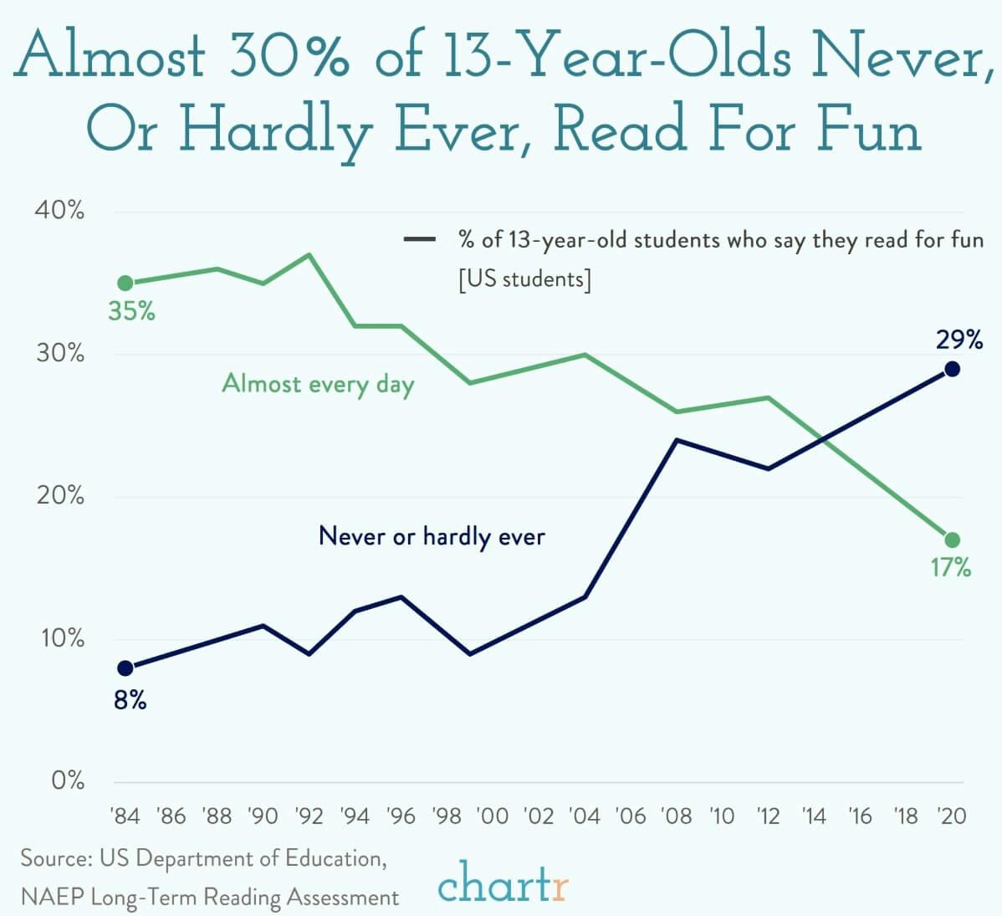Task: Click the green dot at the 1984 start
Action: [125, 283]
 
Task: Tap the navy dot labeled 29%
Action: [952, 369]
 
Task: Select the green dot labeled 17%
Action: [952, 540]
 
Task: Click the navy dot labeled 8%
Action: [125, 668]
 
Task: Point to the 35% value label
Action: [131, 312]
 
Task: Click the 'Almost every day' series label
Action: [318, 384]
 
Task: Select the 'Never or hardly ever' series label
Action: [432, 536]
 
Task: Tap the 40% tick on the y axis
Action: [59, 210]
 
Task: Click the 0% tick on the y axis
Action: [67, 780]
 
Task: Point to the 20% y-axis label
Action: [59, 496]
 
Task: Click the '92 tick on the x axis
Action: [309, 816]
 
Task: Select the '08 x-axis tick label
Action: [676, 816]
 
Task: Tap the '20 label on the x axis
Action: [951, 816]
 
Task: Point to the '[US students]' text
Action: [524, 279]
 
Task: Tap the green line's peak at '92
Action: [309, 253]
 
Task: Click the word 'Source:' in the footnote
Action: [55, 858]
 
